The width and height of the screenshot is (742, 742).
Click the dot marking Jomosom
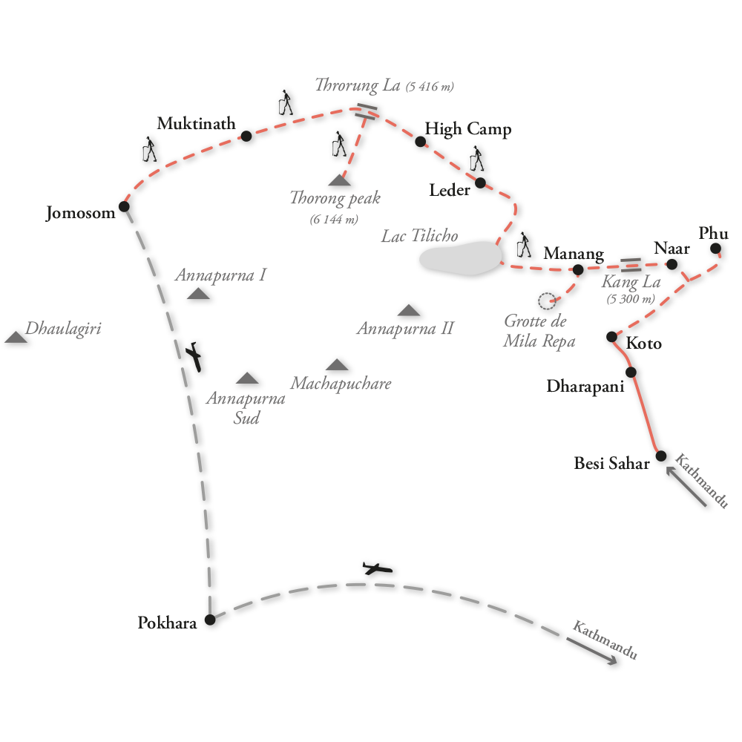124,206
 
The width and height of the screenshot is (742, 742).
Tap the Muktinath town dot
246,136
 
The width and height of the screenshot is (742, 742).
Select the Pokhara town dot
209,620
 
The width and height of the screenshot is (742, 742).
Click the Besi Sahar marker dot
660,456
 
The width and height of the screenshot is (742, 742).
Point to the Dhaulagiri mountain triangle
16,338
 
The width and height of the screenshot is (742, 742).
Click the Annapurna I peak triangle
198,294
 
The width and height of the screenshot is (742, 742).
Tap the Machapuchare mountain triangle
337,364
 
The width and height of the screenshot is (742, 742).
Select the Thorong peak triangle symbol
339,180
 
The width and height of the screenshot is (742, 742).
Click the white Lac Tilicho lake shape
459,257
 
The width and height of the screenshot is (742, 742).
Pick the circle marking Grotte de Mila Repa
547,301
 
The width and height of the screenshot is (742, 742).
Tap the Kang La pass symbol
631,265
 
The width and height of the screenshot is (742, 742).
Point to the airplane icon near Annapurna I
195,356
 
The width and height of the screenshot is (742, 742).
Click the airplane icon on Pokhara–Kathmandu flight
377,569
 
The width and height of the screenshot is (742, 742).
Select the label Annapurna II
404,329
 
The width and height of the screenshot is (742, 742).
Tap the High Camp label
467,130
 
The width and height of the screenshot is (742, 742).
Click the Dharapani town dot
631,372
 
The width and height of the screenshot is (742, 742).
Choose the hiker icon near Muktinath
149,149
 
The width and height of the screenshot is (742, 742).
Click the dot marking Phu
715,248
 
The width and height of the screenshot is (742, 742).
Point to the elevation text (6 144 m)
334,219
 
